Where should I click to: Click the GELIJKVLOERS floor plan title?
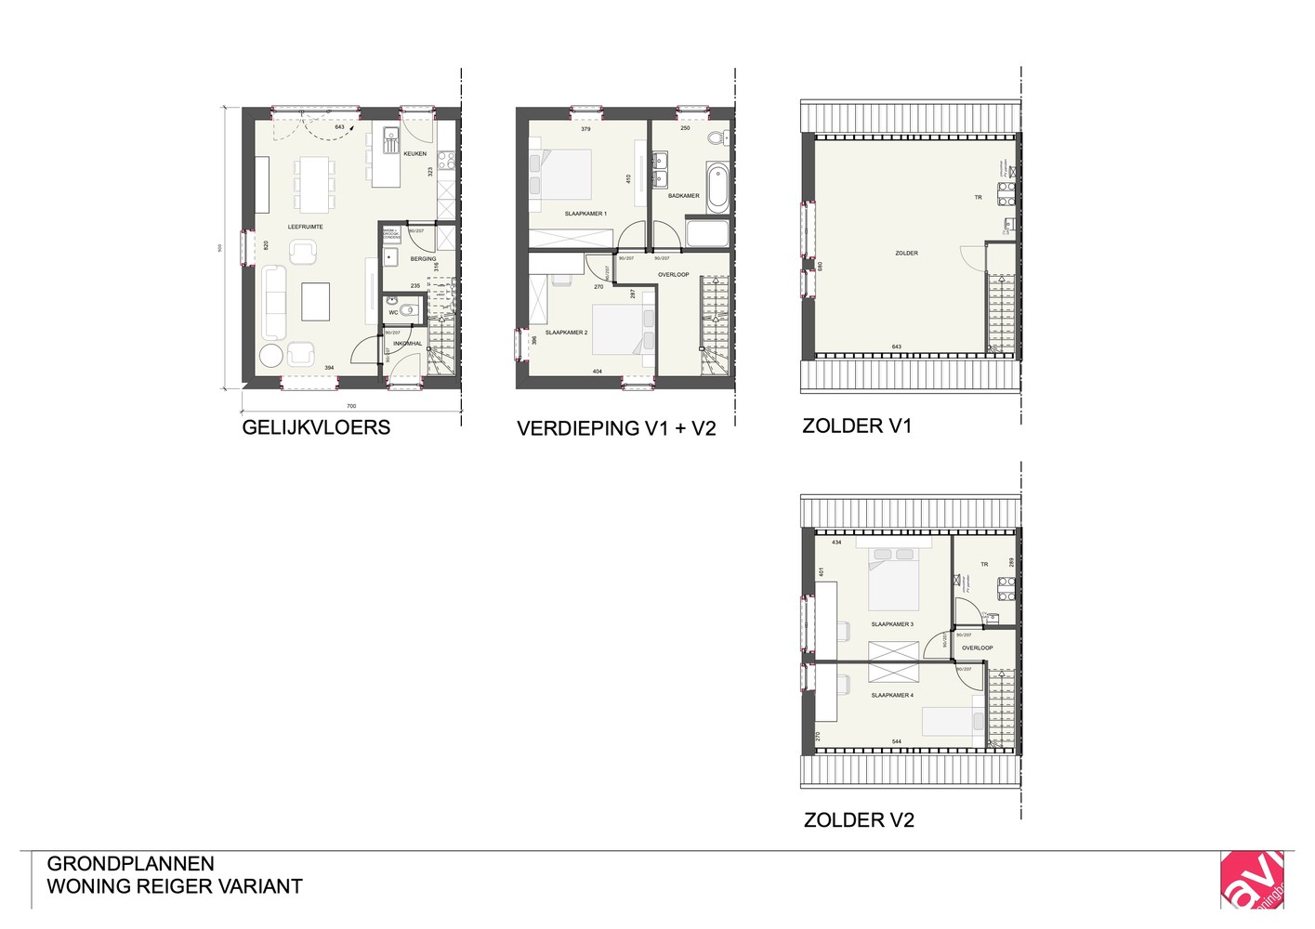click(x=316, y=427)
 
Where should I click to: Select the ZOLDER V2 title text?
click(x=859, y=820)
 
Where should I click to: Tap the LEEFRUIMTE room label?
click(x=305, y=227)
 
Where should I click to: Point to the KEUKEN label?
click(x=414, y=154)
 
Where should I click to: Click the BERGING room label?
click(x=423, y=259)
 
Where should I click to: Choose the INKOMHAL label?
click(x=407, y=344)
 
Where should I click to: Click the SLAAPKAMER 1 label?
click(x=585, y=214)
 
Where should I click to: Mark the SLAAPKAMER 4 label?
click(x=892, y=695)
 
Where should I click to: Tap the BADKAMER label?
click(x=683, y=196)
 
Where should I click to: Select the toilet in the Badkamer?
click(x=717, y=138)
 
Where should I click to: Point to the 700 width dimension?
click(x=351, y=406)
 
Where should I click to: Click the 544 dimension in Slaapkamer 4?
click(x=896, y=741)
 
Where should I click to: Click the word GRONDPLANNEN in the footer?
click(x=130, y=864)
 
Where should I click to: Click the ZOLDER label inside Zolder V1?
click(x=906, y=253)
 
